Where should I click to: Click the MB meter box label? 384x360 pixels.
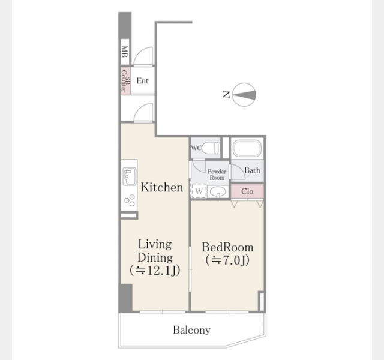(x=125, y=52)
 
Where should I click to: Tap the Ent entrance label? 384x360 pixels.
(x=142, y=80)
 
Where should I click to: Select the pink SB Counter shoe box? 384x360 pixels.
(x=125, y=81)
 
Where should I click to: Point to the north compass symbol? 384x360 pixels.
(x=244, y=95)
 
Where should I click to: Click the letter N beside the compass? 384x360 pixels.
(x=226, y=94)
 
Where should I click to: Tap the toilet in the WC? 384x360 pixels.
(x=212, y=148)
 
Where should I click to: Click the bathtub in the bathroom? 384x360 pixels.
(x=247, y=148)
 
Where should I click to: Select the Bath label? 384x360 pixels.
(x=252, y=170)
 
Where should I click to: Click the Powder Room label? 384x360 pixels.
(x=217, y=175)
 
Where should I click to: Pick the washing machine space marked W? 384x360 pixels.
(x=199, y=191)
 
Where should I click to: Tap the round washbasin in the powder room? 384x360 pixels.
(x=218, y=191)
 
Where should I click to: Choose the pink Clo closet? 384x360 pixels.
(x=247, y=191)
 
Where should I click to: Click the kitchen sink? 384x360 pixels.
(x=129, y=176)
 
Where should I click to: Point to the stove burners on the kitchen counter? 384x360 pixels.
(x=130, y=200)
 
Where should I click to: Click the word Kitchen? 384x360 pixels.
(x=162, y=187)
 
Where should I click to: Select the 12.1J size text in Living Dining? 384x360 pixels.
(x=155, y=271)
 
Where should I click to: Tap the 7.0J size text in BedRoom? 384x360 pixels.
(x=227, y=260)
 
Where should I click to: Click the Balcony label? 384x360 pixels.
(x=191, y=330)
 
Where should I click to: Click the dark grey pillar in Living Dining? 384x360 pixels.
(x=125, y=298)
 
